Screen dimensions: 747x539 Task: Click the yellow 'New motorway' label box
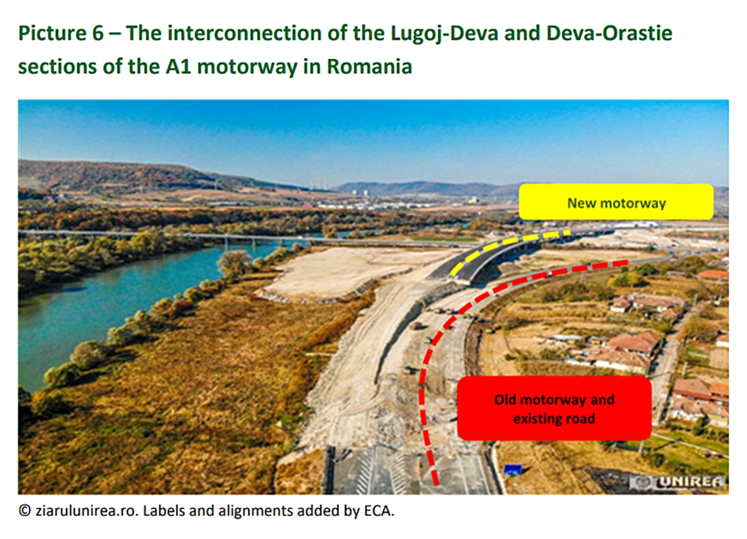[616, 202]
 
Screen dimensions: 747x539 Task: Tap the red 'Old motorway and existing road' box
[554, 408]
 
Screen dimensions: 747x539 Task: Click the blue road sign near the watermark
[513, 470]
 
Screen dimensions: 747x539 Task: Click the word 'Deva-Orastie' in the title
[609, 34]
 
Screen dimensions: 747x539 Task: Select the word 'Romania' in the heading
[370, 66]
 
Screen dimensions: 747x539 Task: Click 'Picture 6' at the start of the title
[61, 34]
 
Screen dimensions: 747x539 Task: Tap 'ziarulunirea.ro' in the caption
[87, 511]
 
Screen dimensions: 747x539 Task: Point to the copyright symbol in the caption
[25, 512]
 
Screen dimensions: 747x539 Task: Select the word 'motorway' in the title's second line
[247, 67]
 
